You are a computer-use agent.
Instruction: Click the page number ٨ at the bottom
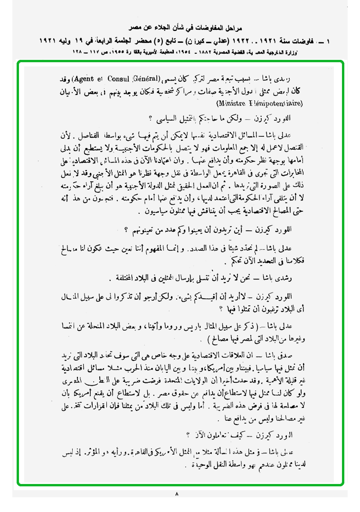176,494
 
